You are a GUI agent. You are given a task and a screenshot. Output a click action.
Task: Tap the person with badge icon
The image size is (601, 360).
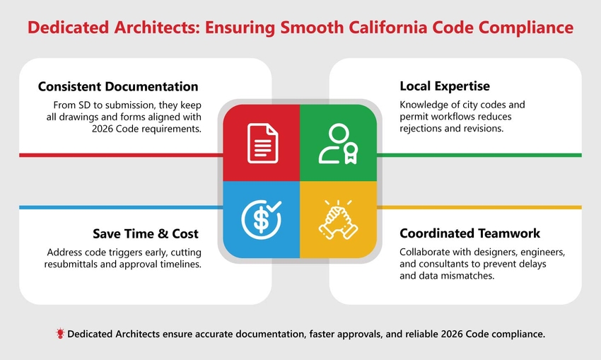coord(337,144)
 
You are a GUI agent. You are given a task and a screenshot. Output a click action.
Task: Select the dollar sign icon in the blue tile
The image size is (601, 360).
coord(260,219)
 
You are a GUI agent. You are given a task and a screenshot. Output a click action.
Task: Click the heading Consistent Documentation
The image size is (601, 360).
coord(117,87)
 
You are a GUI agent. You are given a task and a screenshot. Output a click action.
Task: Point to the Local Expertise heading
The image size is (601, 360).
coord(444,87)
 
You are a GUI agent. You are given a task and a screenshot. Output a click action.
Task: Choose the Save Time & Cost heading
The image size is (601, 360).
coord(146,233)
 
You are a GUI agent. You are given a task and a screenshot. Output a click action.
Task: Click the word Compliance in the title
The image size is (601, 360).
coord(529,28)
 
